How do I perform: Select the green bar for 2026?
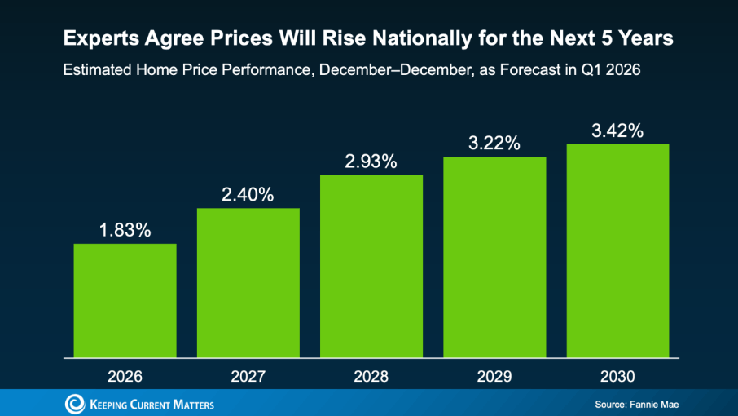point(125,300)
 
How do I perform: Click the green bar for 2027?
point(248,282)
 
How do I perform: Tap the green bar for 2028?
point(371,266)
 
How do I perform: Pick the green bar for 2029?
point(494,256)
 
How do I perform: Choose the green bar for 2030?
point(617,250)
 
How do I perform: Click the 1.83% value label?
point(125,230)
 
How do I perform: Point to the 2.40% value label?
point(248,195)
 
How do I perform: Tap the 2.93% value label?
point(371,162)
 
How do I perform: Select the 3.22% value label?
point(494,144)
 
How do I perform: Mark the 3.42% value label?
point(617,131)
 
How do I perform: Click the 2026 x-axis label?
point(125,378)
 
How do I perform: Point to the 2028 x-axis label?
point(371,378)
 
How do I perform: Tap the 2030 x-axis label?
point(617,378)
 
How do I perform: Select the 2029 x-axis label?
point(494,378)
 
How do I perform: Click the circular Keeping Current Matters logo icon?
point(74,403)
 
